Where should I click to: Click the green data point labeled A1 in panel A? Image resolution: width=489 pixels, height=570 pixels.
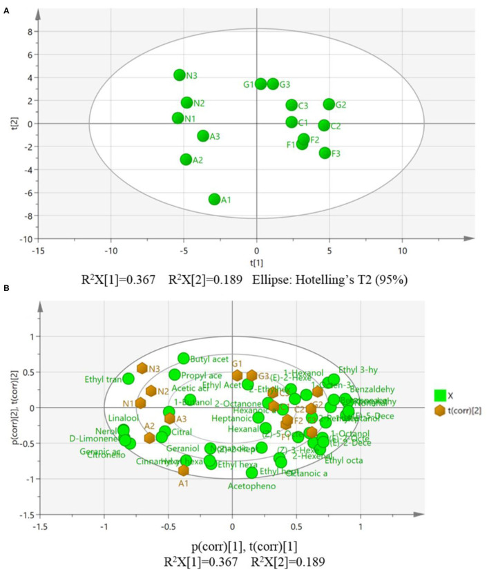coord(214,199)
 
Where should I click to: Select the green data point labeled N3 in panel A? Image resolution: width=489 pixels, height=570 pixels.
coord(180,75)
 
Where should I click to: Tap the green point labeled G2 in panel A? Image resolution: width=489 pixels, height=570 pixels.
coord(329,104)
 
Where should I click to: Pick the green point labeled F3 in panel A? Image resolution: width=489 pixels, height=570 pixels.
coord(325,153)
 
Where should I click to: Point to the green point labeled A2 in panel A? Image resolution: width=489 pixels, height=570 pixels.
coord(186,160)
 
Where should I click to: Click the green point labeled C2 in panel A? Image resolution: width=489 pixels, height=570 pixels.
coord(324,125)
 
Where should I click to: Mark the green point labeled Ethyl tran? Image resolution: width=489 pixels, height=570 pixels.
coord(128,378)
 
